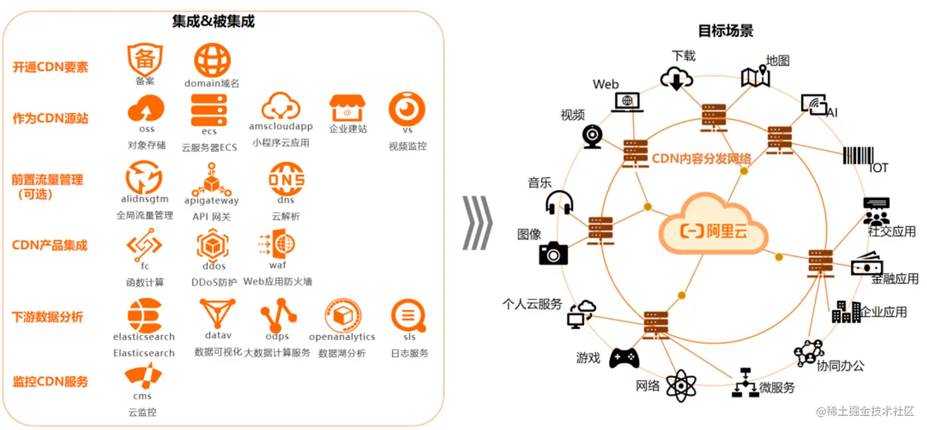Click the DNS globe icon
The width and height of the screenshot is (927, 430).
click(x=286, y=179)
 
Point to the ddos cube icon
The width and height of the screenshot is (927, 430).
click(x=213, y=245)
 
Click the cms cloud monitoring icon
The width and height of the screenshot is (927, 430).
click(x=143, y=375)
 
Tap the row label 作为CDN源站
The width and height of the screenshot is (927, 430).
click(x=50, y=118)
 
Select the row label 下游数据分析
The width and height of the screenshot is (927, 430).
click(x=47, y=317)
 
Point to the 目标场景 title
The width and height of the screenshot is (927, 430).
click(x=725, y=31)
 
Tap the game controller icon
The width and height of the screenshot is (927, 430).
click(x=624, y=357)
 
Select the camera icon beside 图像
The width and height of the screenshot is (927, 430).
click(x=553, y=253)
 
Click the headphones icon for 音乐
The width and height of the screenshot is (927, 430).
click(x=559, y=202)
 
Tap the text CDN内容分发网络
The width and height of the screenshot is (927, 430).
click(x=701, y=159)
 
